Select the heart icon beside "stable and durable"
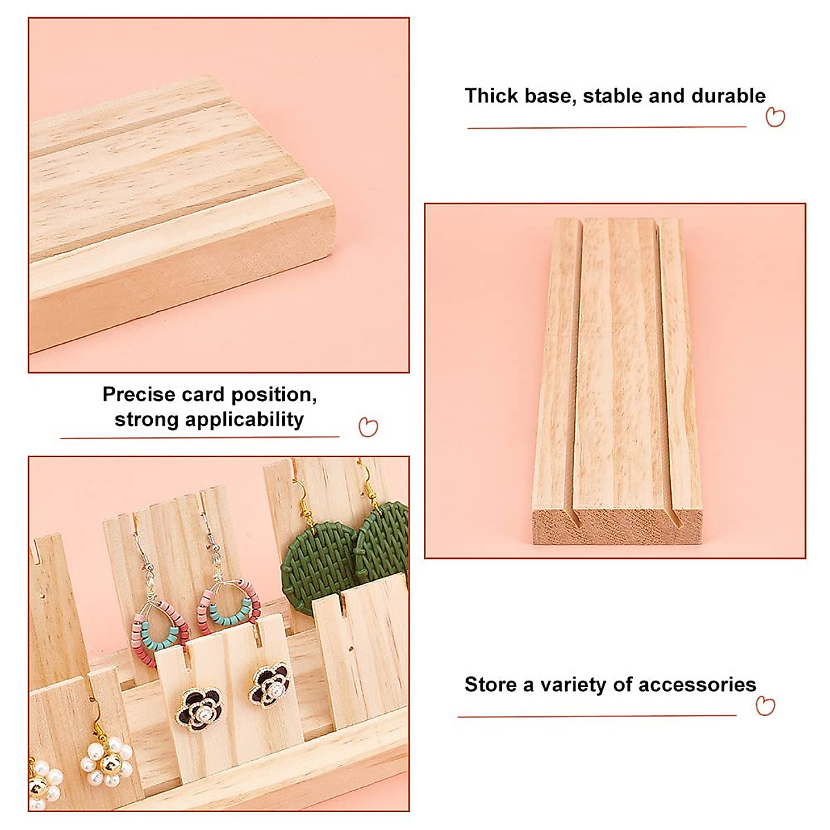(775, 118)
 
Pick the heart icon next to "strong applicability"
(368, 427)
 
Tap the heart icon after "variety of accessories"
(765, 705)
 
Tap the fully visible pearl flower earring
(107, 762)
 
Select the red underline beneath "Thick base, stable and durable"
(607, 127)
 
